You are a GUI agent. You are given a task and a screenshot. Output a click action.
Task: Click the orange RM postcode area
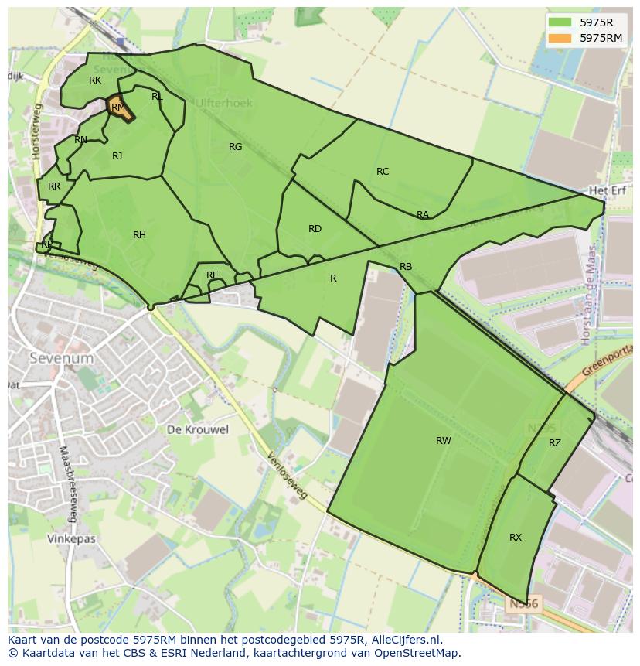click(119, 108)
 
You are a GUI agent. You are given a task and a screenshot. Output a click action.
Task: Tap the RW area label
click(443, 441)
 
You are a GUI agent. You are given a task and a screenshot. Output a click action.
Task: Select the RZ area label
click(555, 443)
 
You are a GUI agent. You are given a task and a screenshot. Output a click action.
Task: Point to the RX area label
click(516, 538)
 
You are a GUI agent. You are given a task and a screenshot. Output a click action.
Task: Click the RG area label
click(236, 147)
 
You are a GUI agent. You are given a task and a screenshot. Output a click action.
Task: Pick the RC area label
click(383, 172)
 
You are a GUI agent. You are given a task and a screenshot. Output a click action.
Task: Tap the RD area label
click(315, 229)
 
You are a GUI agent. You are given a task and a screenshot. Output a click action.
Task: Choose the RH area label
click(139, 235)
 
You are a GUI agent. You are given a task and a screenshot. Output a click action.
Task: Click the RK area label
click(95, 80)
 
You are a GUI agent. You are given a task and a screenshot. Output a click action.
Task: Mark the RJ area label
click(117, 156)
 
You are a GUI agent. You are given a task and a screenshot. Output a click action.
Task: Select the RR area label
click(54, 186)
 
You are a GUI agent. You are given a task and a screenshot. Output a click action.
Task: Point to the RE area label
click(213, 275)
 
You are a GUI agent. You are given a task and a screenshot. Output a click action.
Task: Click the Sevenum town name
click(61, 359)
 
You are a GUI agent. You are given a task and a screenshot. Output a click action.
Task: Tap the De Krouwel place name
click(198, 430)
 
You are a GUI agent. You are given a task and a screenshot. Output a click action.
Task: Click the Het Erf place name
click(607, 190)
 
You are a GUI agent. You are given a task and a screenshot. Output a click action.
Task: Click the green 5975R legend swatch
click(562, 22)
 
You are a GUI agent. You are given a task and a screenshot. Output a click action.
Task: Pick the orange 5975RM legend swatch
click(562, 38)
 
